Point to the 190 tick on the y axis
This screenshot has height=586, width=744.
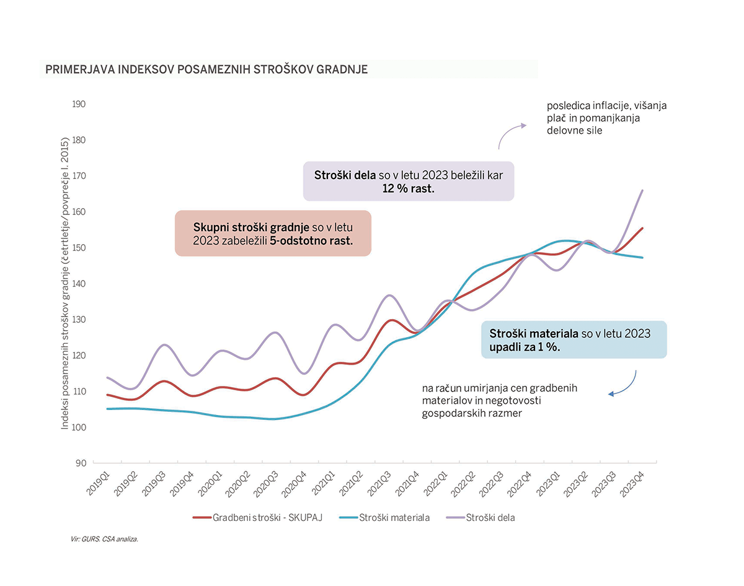79,104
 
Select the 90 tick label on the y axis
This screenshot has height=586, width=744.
81,463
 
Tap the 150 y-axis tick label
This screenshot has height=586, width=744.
79,248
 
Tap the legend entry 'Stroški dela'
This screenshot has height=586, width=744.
490,517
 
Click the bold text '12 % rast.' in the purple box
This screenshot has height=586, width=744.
408,188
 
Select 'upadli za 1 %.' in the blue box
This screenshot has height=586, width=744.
525,347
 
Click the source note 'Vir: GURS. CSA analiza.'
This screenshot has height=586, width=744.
104,540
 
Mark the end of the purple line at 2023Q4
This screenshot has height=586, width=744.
642,190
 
